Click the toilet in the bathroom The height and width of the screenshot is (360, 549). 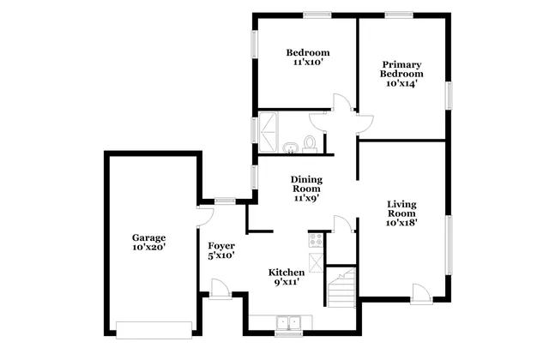[311, 143]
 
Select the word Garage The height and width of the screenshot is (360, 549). [148, 237]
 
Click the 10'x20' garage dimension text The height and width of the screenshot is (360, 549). [148, 247]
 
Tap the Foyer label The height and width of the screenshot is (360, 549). [221, 246]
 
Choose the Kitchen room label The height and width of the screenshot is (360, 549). [287, 271]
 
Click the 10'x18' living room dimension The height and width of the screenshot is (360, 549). [401, 223]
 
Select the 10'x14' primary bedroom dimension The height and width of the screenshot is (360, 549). [400, 83]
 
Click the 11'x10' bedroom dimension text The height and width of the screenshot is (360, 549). [307, 63]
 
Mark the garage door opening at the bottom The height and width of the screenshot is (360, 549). [154, 330]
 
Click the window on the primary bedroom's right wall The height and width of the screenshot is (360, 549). [447, 94]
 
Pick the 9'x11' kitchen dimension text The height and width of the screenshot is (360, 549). [287, 281]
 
